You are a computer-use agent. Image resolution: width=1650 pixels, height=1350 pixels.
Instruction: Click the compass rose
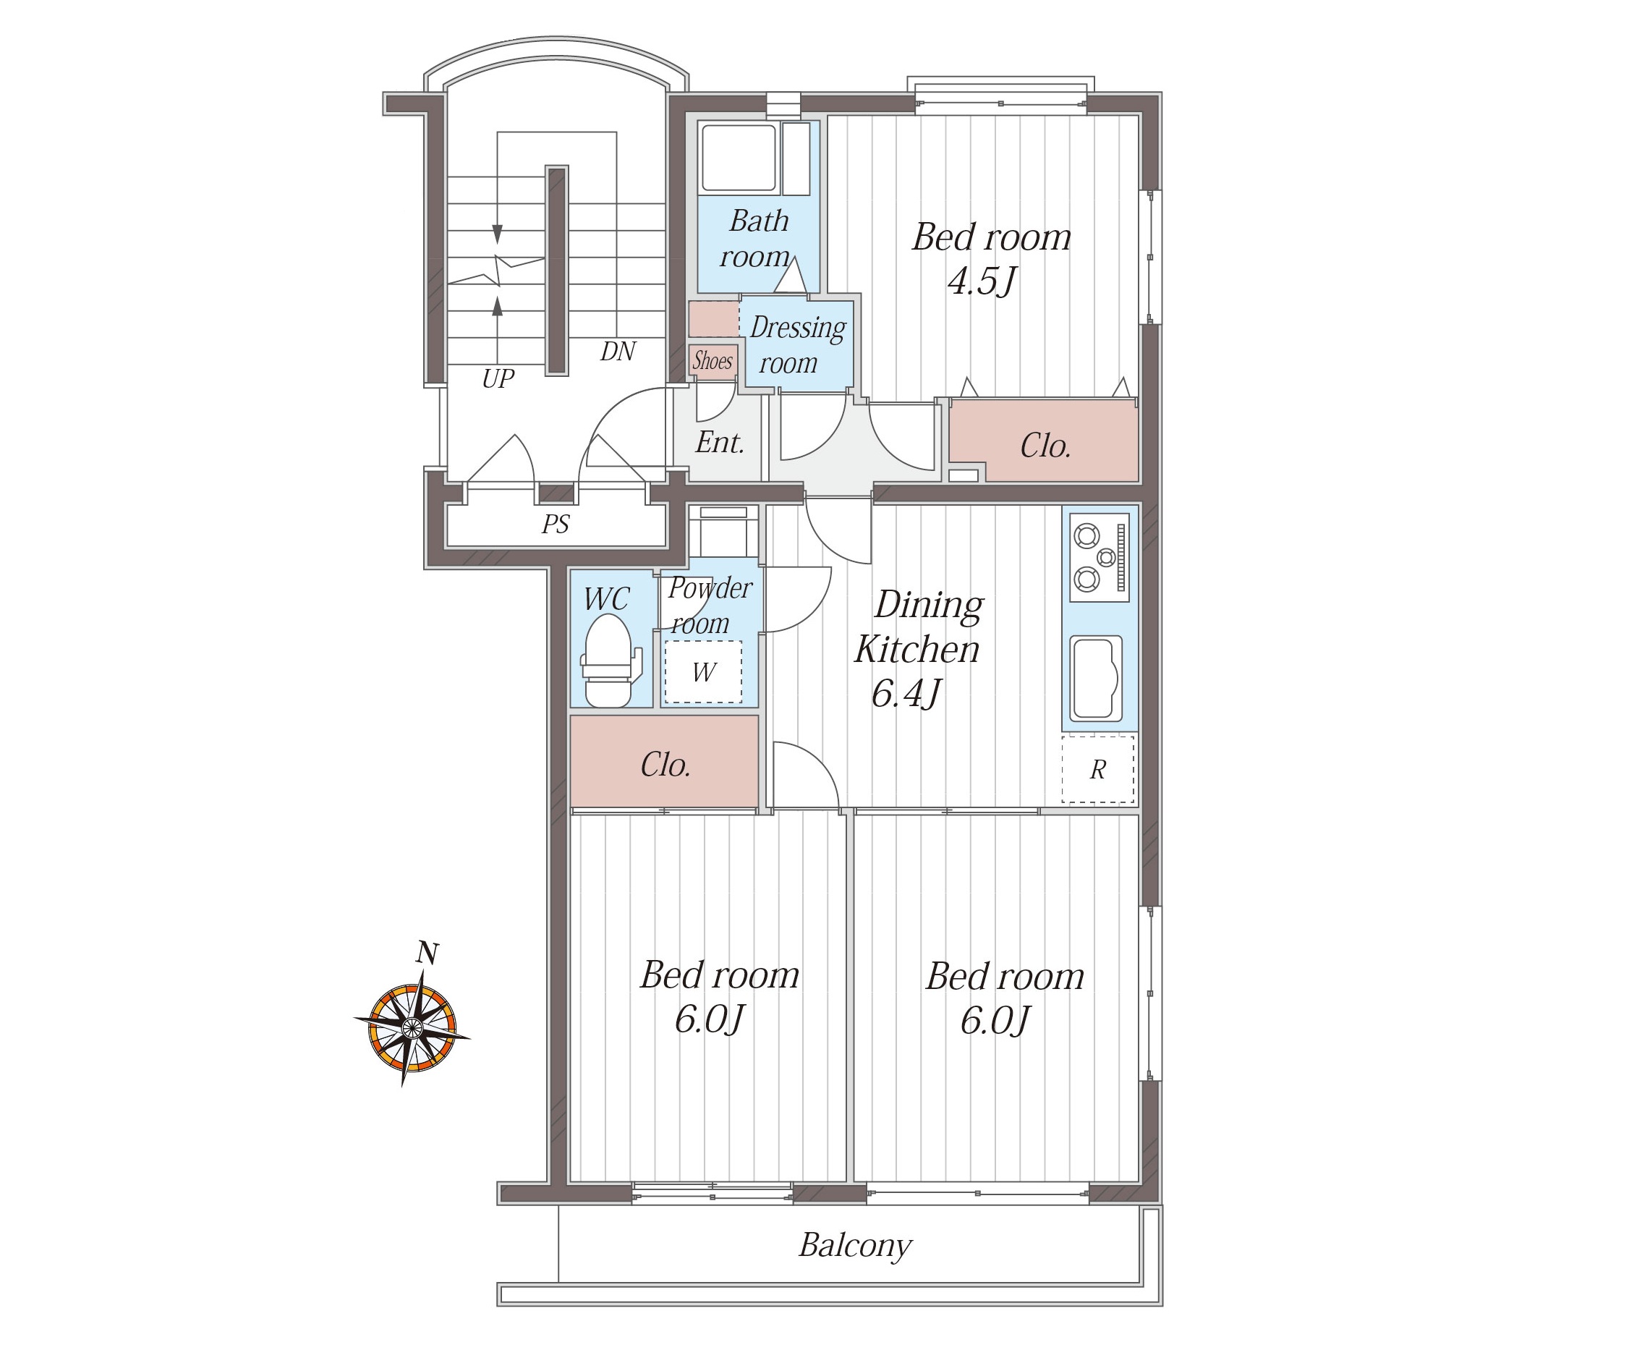pyautogui.click(x=412, y=1029)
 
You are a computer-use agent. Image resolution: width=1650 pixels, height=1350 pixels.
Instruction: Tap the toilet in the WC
pyautogui.click(x=611, y=661)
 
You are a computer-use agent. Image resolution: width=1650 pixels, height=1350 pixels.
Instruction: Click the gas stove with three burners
pyautogui.click(x=1100, y=557)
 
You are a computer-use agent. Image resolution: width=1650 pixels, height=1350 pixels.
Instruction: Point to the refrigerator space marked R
pyautogui.click(x=1098, y=769)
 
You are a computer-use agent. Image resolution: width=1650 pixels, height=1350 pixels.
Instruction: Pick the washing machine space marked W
pyautogui.click(x=703, y=672)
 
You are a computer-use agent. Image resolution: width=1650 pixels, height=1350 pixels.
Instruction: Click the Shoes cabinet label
pyautogui.click(x=713, y=361)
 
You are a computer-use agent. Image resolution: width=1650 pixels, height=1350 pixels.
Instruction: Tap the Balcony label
pyautogui.click(x=854, y=1245)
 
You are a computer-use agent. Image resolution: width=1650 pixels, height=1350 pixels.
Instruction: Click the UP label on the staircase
pyautogui.click(x=498, y=378)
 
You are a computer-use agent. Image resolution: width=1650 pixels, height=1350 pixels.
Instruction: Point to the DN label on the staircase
pyautogui.click(x=618, y=352)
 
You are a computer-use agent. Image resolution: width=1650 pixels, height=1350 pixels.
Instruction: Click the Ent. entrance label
pyautogui.click(x=720, y=443)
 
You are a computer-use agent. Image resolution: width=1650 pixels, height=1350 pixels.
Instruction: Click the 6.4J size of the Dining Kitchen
pyautogui.click(x=906, y=693)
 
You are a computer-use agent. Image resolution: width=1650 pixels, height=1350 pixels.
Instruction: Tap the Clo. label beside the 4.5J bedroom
pyautogui.click(x=1045, y=446)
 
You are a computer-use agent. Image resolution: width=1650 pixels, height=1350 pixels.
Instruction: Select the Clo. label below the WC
pyautogui.click(x=665, y=765)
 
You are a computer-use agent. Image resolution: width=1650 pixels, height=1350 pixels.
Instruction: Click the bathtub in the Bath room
pyautogui.click(x=739, y=158)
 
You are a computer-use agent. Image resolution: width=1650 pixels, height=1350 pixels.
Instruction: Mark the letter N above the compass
pyautogui.click(x=428, y=953)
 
